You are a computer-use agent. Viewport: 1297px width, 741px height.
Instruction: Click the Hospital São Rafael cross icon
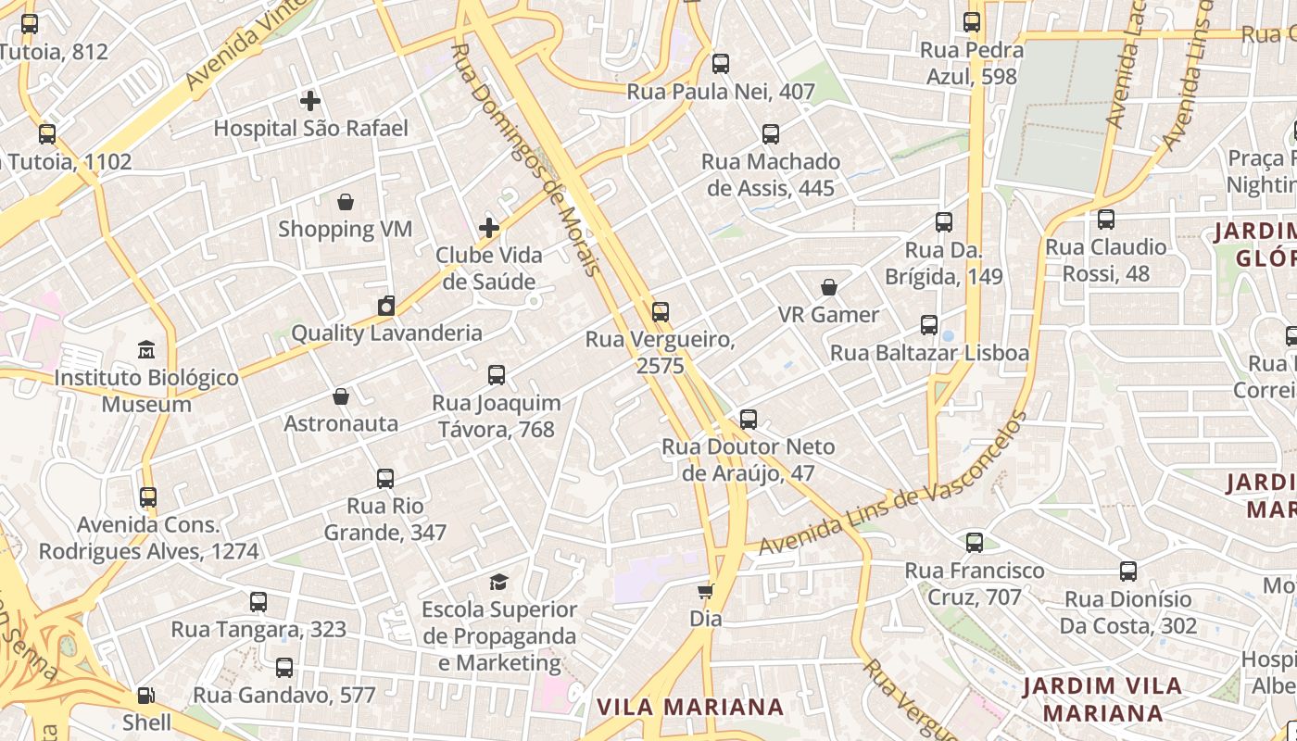click(x=310, y=100)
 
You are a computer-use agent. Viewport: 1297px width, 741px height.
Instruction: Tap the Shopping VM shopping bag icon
click(x=346, y=201)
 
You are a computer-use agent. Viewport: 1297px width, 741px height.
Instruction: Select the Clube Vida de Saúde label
click(x=489, y=268)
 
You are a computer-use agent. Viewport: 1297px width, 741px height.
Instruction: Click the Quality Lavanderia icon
click(x=386, y=306)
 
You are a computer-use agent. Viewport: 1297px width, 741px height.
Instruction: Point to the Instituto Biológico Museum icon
click(x=146, y=350)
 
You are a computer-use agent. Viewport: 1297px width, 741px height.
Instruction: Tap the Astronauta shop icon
click(x=341, y=396)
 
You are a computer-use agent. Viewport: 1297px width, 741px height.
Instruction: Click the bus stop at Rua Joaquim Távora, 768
click(x=497, y=375)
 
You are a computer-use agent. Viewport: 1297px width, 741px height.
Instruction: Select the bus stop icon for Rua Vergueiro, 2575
click(x=661, y=312)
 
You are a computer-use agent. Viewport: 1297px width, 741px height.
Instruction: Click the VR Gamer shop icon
click(x=829, y=287)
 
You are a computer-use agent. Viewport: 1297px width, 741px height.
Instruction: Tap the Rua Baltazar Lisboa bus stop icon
click(x=929, y=325)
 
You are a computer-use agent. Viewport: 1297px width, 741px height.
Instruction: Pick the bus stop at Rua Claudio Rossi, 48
click(x=1106, y=220)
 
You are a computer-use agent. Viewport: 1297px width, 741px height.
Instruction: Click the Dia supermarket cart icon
click(x=706, y=591)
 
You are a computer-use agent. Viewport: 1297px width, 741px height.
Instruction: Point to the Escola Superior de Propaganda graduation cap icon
click(x=499, y=582)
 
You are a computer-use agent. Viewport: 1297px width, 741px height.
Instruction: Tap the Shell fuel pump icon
click(x=146, y=695)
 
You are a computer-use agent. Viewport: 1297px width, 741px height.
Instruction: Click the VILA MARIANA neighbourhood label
click(x=690, y=708)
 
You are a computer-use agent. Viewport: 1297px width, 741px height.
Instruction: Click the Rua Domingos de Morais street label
click(x=524, y=157)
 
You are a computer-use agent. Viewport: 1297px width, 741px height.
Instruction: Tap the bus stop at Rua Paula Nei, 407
click(x=720, y=64)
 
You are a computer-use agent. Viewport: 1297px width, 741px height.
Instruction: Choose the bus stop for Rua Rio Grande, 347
click(x=385, y=479)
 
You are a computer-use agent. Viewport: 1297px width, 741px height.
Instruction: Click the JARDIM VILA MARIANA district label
click(x=1102, y=699)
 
